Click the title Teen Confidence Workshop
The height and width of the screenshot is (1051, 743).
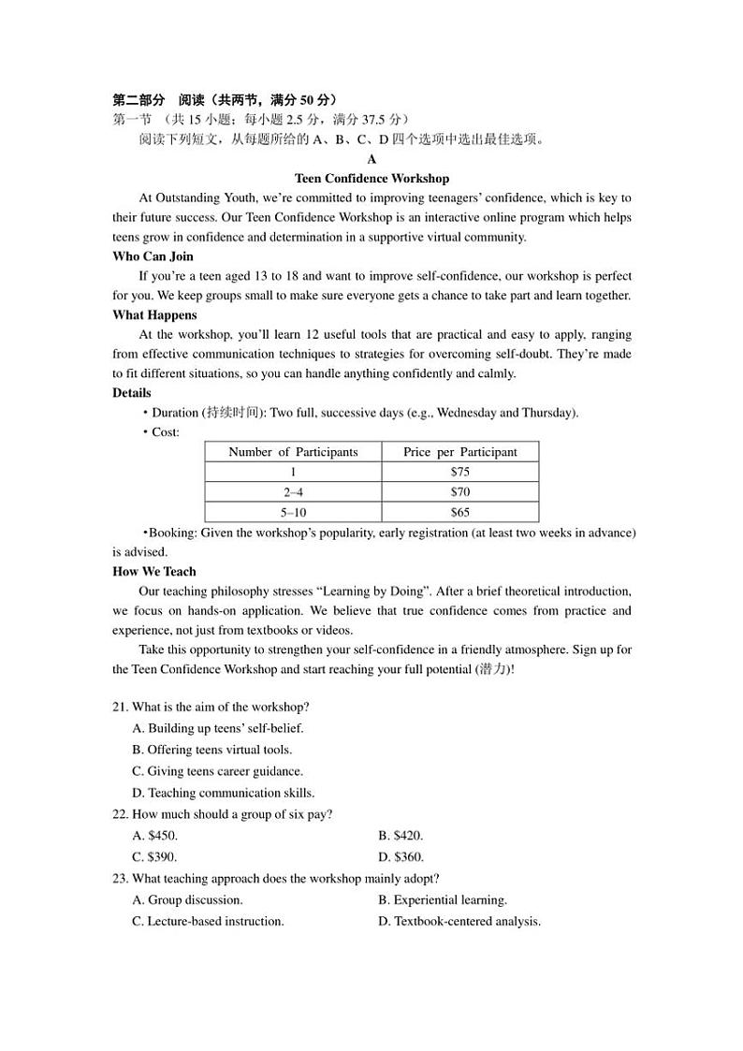tap(371, 178)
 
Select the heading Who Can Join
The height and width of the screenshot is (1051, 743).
tap(153, 256)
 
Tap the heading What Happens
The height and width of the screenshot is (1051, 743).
tap(154, 315)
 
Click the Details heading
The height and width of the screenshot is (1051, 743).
tap(132, 393)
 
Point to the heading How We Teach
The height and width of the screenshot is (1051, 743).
tap(154, 571)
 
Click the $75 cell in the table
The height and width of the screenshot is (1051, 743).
tap(459, 472)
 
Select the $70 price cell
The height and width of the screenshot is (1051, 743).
tap(459, 492)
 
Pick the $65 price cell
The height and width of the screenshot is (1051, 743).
tap(459, 512)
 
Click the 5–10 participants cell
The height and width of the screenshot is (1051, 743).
tap(293, 512)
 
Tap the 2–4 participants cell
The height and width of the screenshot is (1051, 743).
tap(293, 492)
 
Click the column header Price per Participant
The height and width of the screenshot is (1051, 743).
tap(459, 452)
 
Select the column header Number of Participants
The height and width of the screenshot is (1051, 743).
tap(293, 452)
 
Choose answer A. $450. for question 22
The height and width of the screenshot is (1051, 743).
tap(155, 836)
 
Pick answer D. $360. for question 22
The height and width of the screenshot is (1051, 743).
tap(401, 856)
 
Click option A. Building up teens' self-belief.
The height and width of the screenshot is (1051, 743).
tap(218, 728)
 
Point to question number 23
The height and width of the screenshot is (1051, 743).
tap(120, 879)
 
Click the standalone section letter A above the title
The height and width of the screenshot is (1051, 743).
tap(371, 159)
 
